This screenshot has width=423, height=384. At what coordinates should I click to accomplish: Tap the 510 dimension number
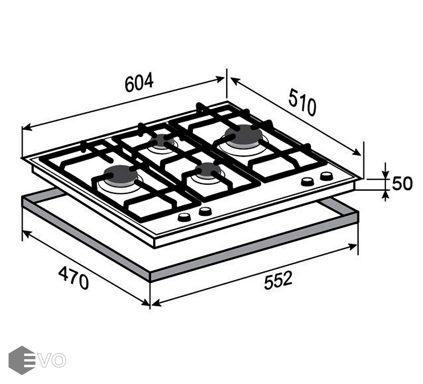[x=302, y=102]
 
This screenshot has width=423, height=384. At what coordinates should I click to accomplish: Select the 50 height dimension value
[x=402, y=183]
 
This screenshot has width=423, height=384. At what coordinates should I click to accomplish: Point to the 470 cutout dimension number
[x=73, y=278]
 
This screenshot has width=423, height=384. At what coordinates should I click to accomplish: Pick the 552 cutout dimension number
[x=278, y=281]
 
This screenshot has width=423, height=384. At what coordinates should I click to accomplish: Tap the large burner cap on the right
[x=243, y=134]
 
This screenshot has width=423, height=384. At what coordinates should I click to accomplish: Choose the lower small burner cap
[x=208, y=169]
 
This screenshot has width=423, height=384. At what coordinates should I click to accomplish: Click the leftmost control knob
[x=184, y=217]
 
